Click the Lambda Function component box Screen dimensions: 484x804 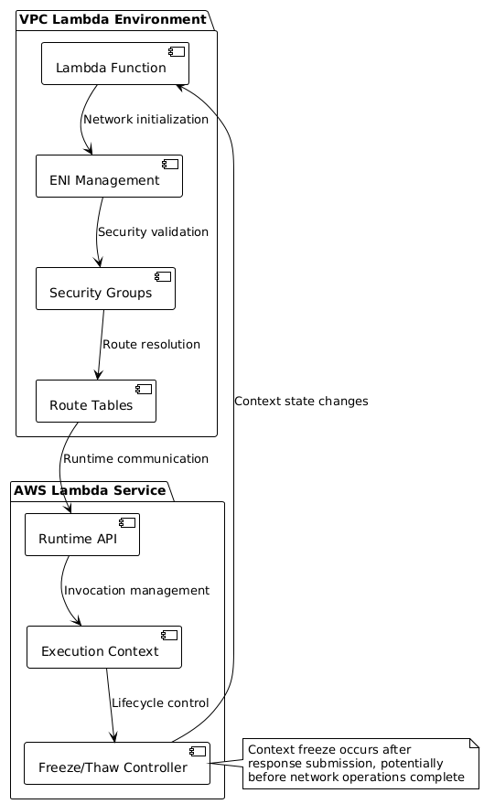pyautogui.click(x=115, y=64)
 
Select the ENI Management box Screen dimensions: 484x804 pyautogui.click(x=109, y=176)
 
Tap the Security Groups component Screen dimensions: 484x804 pyautogui.click(x=105, y=288)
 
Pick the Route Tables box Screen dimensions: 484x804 pyautogui.click(x=96, y=401)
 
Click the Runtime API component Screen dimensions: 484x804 pyautogui.click(x=82, y=534)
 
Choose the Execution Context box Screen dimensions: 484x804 pyautogui.click(x=104, y=647)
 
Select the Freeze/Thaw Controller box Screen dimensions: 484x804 pyautogui.click(x=117, y=763)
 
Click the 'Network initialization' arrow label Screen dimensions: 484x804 pyautogui.click(x=146, y=120)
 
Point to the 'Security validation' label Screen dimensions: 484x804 pyautogui.click(x=154, y=231)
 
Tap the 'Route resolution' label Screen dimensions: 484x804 pyautogui.click(x=151, y=344)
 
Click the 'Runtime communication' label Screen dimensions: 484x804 pyautogui.click(x=136, y=458)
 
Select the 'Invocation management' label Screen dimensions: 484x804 pyautogui.click(x=136, y=591)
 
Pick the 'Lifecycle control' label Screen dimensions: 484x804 pyautogui.click(x=160, y=703)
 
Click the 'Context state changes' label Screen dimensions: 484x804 pyautogui.click(x=302, y=401)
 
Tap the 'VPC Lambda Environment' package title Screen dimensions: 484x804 pyautogui.click(x=113, y=19)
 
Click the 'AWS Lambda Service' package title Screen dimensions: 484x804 pyautogui.click(x=90, y=490)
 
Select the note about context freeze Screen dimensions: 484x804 pyautogui.click(x=361, y=764)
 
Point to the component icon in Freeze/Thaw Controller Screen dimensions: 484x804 pyautogui.click(x=198, y=751)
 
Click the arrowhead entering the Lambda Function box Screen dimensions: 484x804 pyautogui.click(x=180, y=87)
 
